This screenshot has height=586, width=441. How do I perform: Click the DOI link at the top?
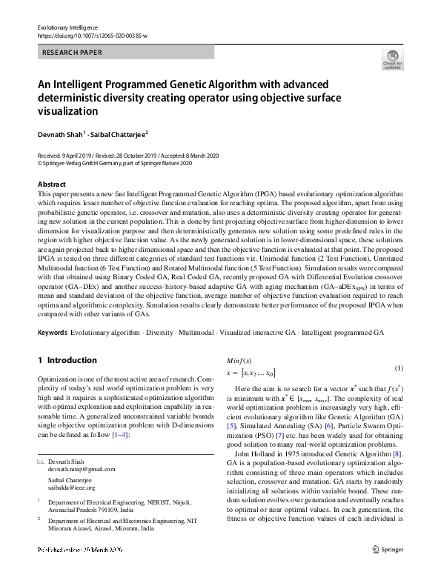92,35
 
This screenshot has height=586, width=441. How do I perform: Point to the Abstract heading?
51,184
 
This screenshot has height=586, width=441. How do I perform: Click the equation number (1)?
398,369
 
